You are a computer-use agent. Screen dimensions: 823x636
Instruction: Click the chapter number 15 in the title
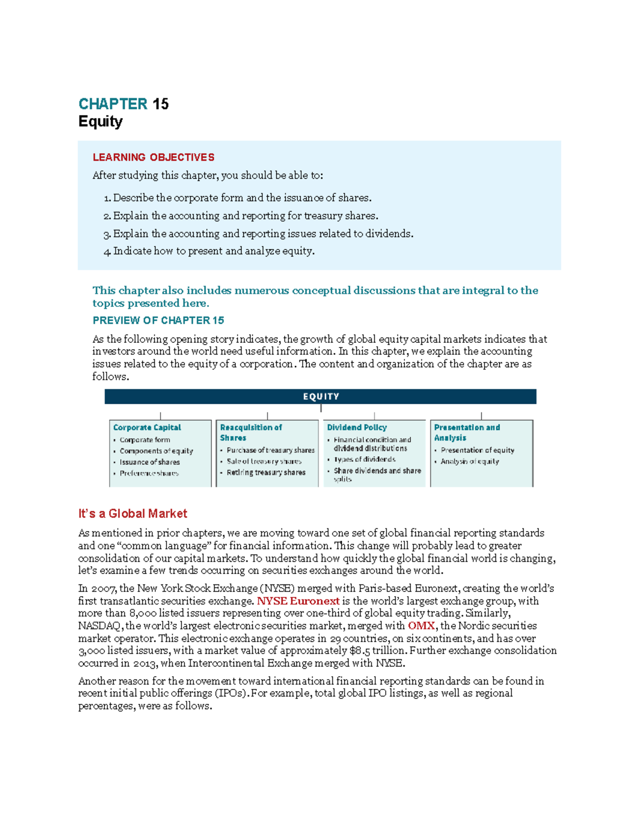coord(161,104)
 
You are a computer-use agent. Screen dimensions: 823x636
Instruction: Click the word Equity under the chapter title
coord(100,121)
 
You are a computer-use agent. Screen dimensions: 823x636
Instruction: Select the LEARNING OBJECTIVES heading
coord(153,157)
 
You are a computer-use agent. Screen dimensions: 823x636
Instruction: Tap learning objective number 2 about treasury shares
coord(241,216)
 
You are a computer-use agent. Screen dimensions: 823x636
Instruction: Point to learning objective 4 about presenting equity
coord(209,251)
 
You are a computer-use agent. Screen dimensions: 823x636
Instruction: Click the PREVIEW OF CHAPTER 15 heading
coord(158,321)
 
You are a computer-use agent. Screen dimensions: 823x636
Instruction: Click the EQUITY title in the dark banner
coord(321,396)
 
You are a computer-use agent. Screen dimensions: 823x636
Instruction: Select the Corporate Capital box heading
coord(147,428)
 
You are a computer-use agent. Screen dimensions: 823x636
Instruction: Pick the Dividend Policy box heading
coord(357,428)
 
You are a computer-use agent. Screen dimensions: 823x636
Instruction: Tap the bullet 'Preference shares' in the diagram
coord(149,473)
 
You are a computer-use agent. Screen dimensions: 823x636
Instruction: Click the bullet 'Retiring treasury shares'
coord(266,472)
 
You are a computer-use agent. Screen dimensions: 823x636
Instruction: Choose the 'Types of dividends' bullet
coord(365,459)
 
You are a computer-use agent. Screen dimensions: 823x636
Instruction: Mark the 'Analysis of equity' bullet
coord(470,462)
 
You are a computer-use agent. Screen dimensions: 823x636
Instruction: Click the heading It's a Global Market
coord(132,514)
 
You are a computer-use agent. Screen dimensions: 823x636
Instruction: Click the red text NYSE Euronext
coord(298,601)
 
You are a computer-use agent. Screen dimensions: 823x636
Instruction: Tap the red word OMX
coord(421,626)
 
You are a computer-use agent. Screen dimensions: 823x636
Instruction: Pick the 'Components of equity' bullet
coord(156,451)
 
